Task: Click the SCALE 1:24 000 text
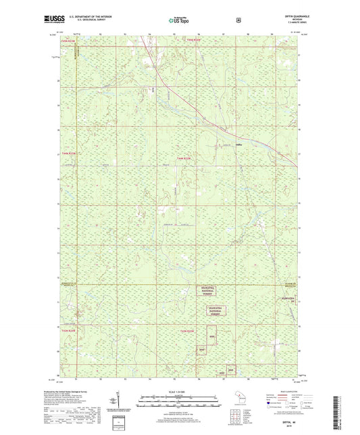tap(179, 392)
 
